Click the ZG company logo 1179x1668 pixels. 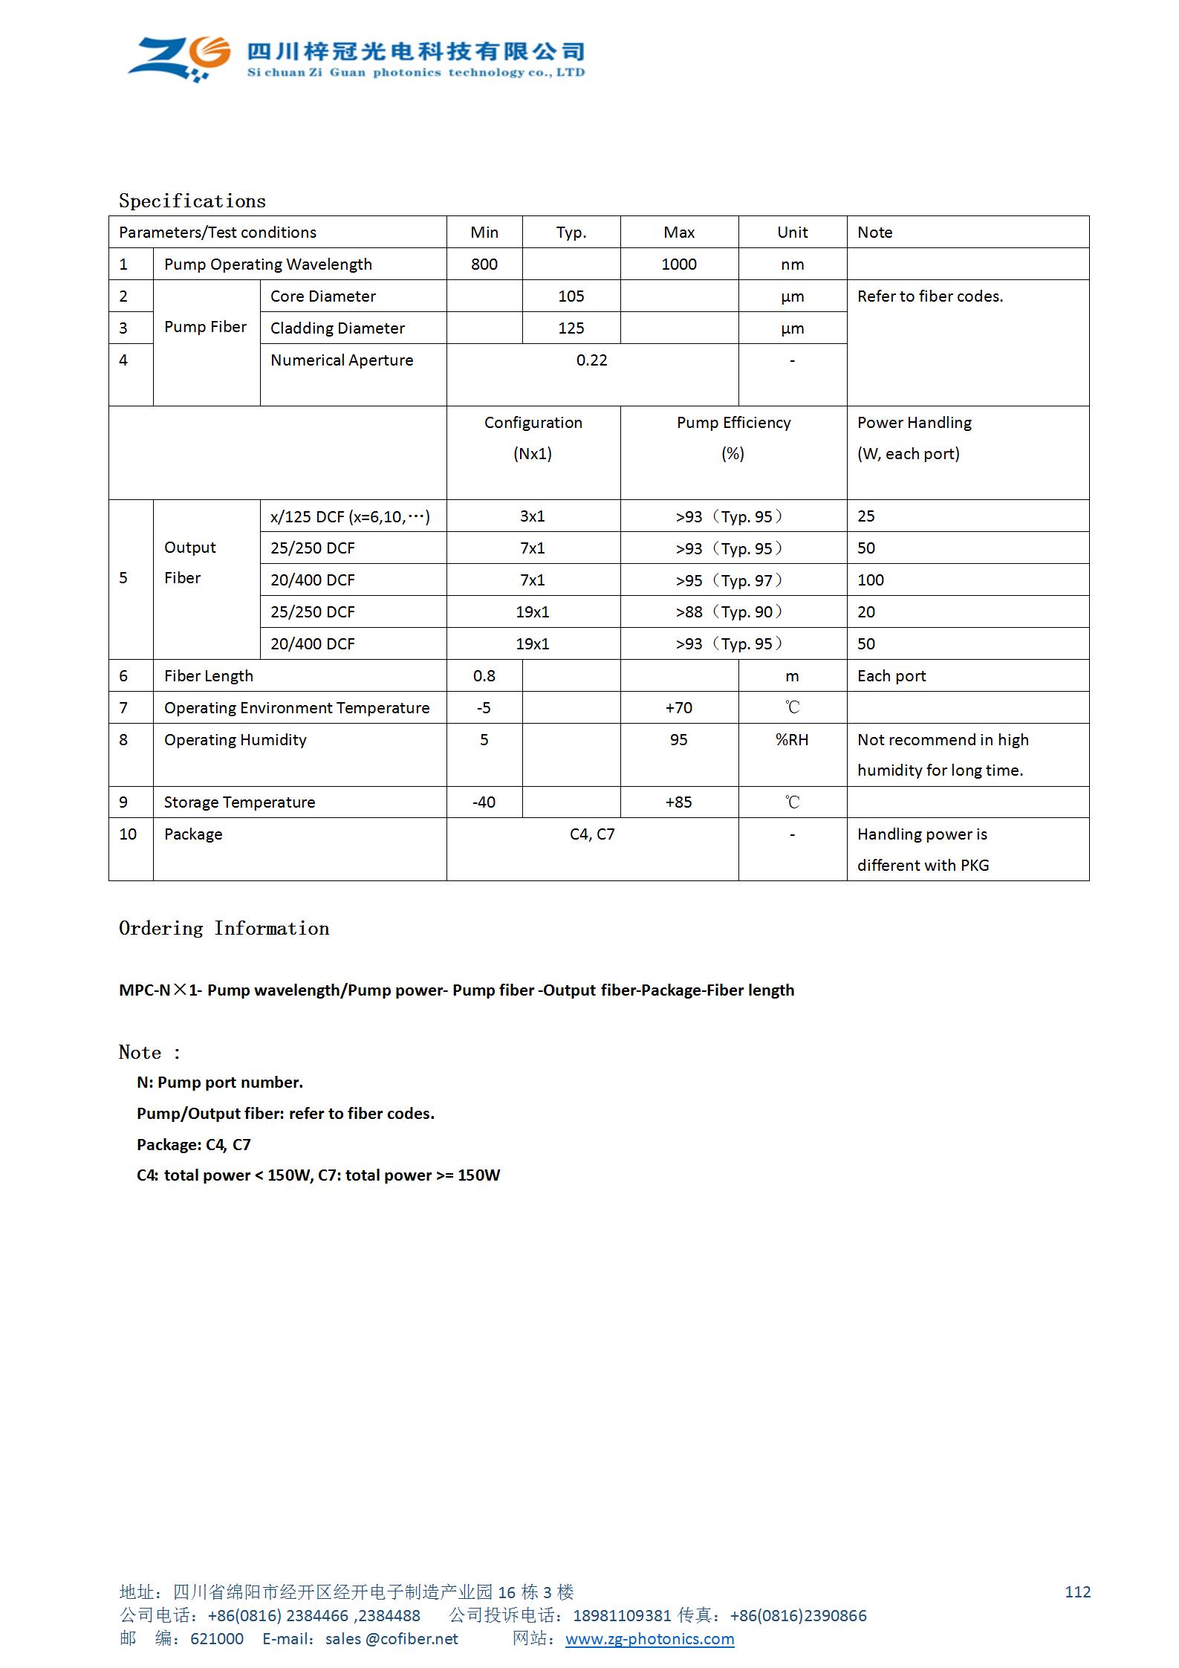click(179, 57)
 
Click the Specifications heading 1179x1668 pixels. click(192, 201)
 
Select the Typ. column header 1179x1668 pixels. click(571, 233)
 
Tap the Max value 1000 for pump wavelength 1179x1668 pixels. click(679, 265)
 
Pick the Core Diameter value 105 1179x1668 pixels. click(571, 296)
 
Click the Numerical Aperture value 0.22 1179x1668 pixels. click(591, 360)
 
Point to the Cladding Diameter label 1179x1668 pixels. click(337, 328)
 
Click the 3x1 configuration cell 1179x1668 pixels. click(532, 516)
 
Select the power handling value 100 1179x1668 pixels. click(871, 580)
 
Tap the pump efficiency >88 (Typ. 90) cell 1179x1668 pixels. click(729, 612)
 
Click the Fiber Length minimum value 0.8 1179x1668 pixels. click(484, 676)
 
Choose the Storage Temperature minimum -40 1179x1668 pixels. click(484, 802)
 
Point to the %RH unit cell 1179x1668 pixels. click(792, 740)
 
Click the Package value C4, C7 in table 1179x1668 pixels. click(592, 834)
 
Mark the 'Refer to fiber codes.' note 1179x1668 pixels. click(930, 296)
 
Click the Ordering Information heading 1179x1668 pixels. click(224, 929)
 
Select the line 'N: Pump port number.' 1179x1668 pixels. click(220, 1083)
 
